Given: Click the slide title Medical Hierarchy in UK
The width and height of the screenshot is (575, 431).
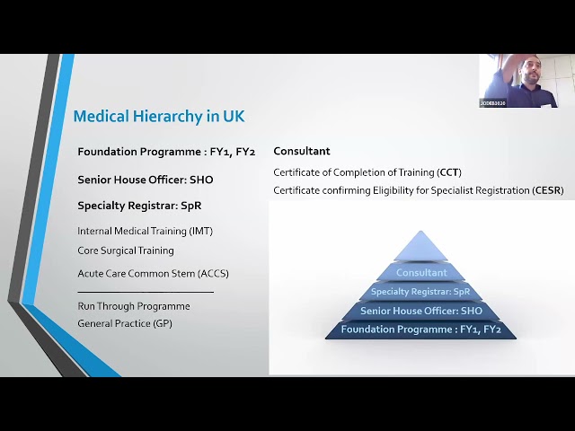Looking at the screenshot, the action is pos(159,116).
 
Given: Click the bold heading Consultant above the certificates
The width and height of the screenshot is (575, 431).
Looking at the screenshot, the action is pos(302,151).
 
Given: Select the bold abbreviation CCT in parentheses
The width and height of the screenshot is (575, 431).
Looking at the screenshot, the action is pos(448,172).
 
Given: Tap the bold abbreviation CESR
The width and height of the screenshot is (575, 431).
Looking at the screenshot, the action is pos(548,190).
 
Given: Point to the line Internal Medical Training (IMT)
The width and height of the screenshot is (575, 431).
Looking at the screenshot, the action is pos(146,231).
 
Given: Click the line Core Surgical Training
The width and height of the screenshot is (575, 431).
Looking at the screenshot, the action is pos(126,251).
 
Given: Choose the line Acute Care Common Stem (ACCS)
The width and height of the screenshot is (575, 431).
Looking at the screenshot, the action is pos(153,273).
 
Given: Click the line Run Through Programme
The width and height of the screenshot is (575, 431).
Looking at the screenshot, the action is pos(134,306).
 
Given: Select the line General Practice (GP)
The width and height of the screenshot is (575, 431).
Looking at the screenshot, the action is pos(125,323).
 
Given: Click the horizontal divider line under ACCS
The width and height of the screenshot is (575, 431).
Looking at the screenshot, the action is pos(146,292).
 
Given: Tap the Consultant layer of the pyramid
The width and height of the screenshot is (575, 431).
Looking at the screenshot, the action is pos(421,273).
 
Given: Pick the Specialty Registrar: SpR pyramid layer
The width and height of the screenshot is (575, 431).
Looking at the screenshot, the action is pos(420,292).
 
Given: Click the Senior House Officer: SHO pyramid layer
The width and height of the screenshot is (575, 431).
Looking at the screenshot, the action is pos(421,311).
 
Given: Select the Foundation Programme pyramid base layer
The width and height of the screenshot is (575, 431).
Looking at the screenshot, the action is pos(421,330).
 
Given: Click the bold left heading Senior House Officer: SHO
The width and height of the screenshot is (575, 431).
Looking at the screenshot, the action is pos(146,180).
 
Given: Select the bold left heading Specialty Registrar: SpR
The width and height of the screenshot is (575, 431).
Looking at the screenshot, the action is pos(139,206).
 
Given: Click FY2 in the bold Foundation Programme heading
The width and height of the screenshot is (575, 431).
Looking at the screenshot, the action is pos(245,152).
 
